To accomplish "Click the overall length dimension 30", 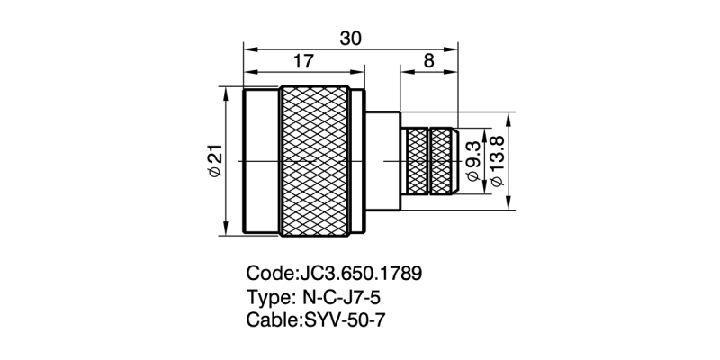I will point(352,38).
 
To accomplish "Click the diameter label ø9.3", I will point(474,160).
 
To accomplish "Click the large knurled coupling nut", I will point(316,161).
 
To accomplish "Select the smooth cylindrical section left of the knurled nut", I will point(262,161).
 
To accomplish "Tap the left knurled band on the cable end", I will point(417,161).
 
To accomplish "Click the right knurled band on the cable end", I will point(443,161).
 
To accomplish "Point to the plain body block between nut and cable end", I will point(382,161).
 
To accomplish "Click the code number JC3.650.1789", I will point(360,273).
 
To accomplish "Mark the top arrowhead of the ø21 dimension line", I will point(225,91).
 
